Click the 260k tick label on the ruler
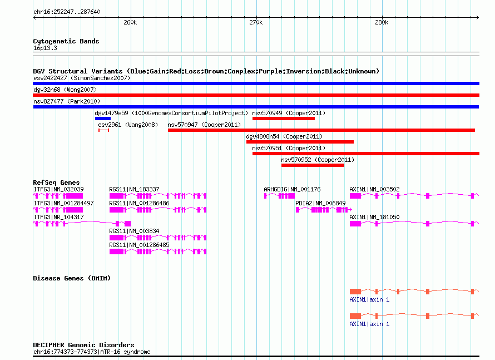click(130, 22)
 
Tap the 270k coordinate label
click(256, 22)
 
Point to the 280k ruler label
click(382, 22)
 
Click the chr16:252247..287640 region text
click(67, 12)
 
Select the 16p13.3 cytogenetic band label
click(45, 48)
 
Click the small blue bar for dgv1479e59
click(103, 119)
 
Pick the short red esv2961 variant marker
click(103, 130)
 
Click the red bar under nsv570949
click(284, 119)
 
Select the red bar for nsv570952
click(313, 165)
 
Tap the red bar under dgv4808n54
click(300, 142)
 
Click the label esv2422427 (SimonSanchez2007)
click(82, 78)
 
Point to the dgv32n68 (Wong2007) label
click(65, 90)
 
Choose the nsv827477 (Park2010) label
click(67, 101)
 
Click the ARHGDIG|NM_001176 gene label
click(292, 189)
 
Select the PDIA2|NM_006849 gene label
click(320, 203)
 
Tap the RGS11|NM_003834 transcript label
click(134, 231)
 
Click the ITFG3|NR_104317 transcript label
click(59, 217)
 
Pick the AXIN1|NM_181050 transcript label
click(374, 217)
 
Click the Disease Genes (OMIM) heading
click(72, 278)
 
